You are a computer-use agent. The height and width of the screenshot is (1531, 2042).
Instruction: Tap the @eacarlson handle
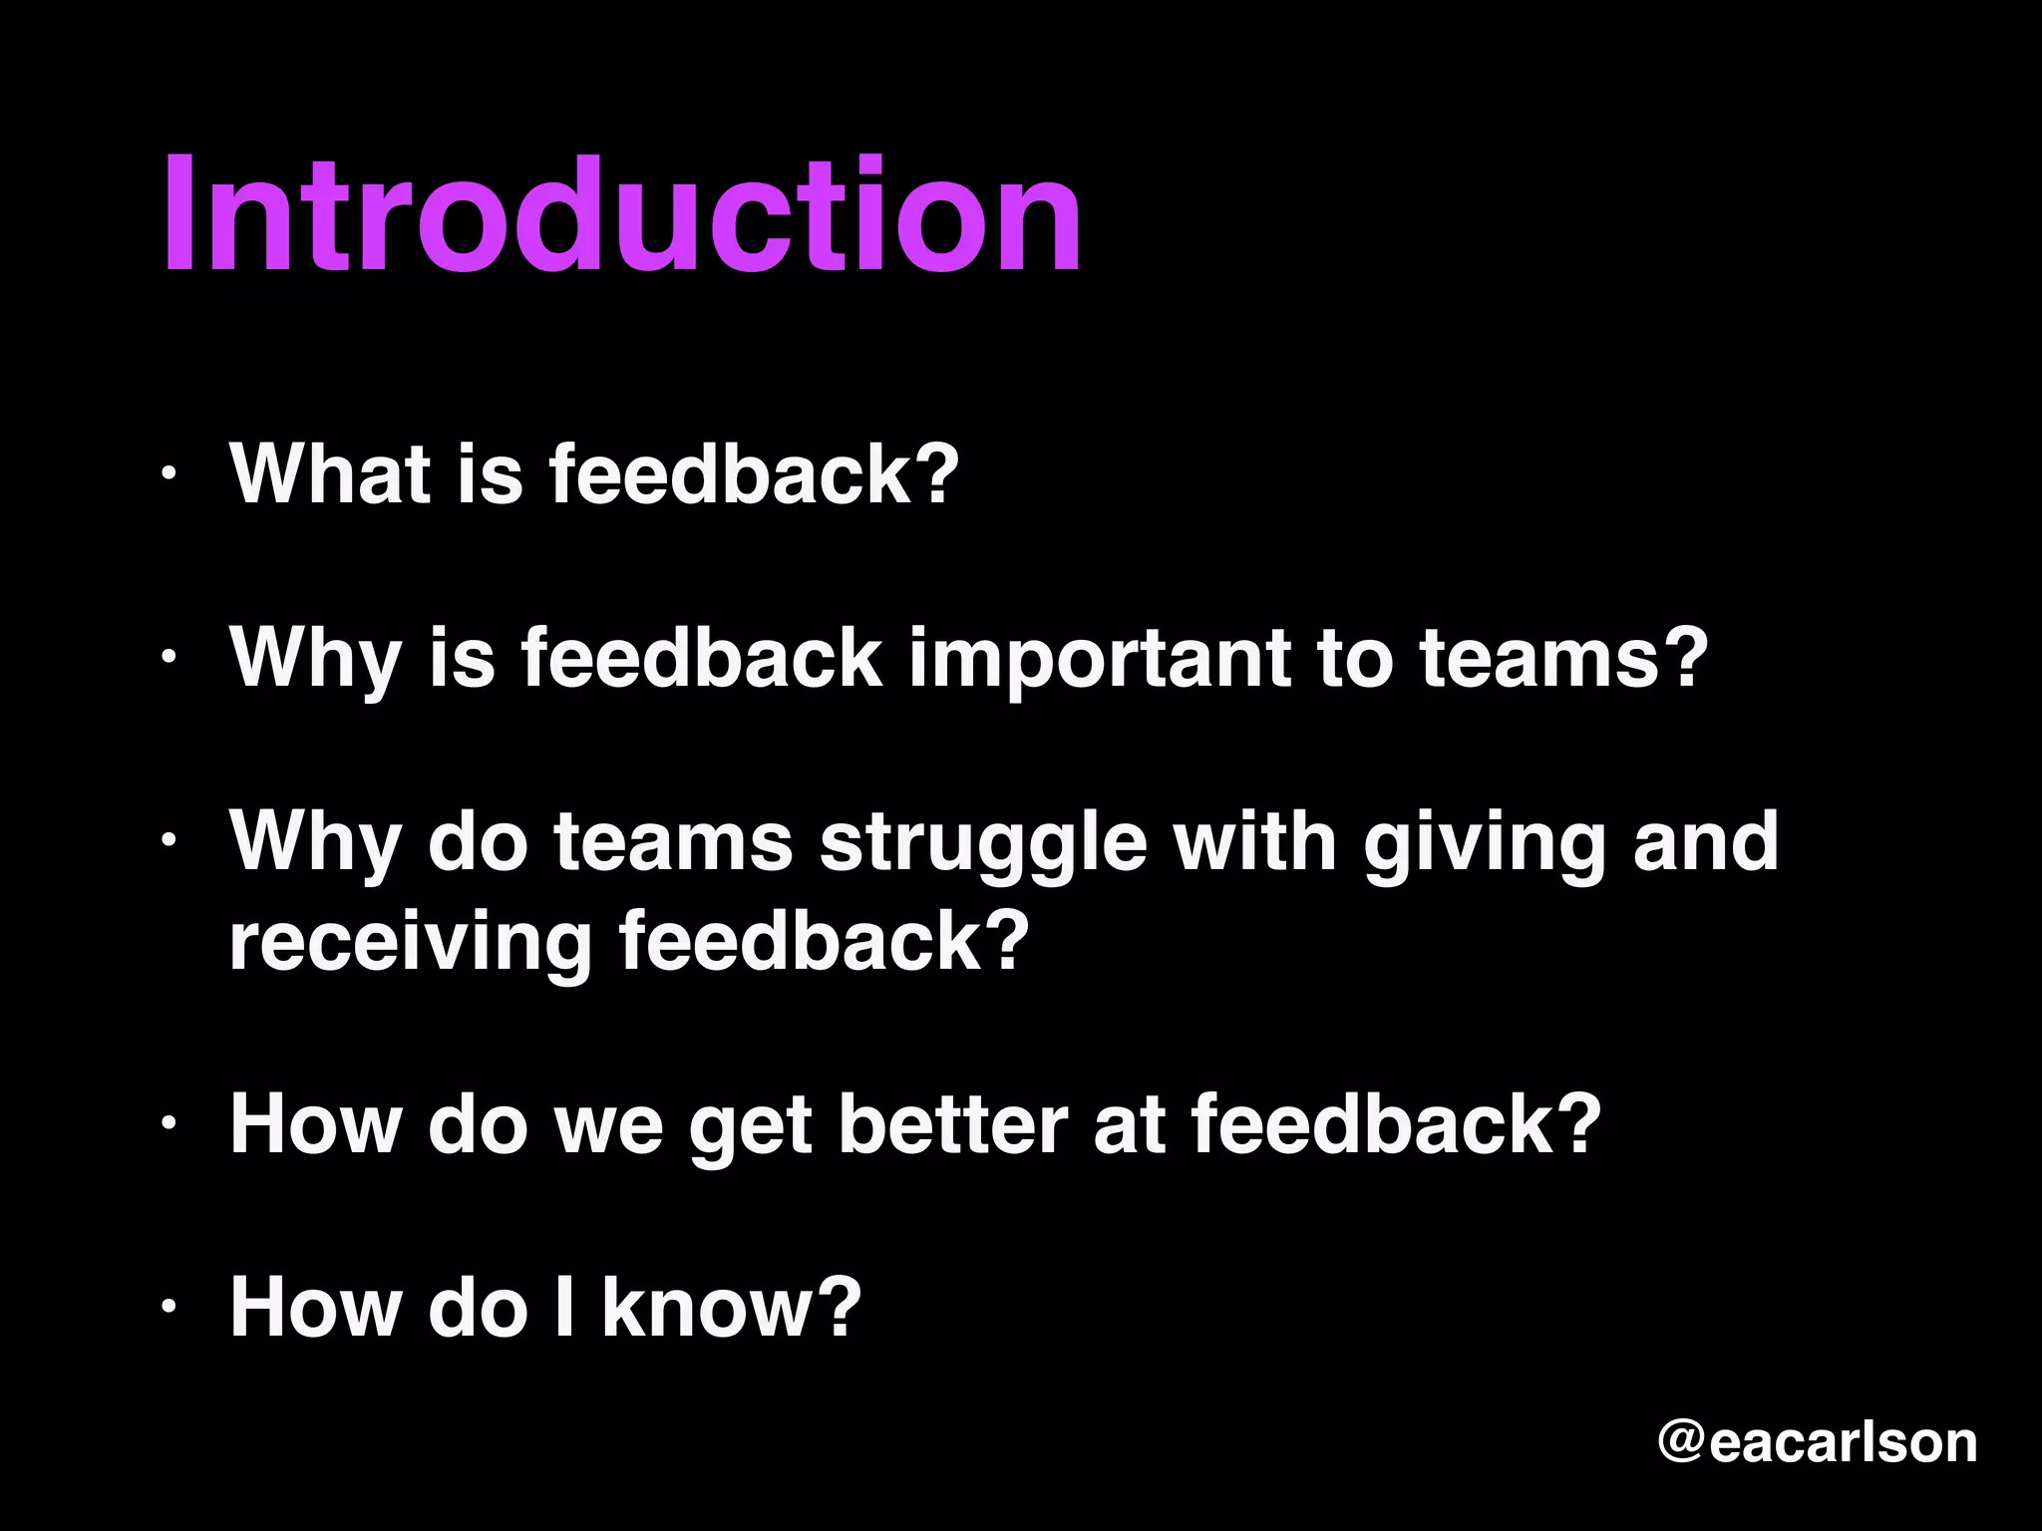(x=1817, y=1442)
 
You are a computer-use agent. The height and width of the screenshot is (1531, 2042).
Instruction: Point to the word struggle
(x=983, y=843)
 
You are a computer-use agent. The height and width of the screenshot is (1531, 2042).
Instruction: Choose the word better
(x=952, y=1124)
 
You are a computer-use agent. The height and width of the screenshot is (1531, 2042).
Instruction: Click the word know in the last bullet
(x=731, y=1307)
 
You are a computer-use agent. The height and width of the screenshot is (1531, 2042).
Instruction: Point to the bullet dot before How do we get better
(x=170, y=1123)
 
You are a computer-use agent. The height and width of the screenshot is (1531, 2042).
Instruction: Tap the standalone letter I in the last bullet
(x=564, y=1307)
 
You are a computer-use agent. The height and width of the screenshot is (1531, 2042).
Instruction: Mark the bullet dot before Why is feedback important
(x=170, y=657)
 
